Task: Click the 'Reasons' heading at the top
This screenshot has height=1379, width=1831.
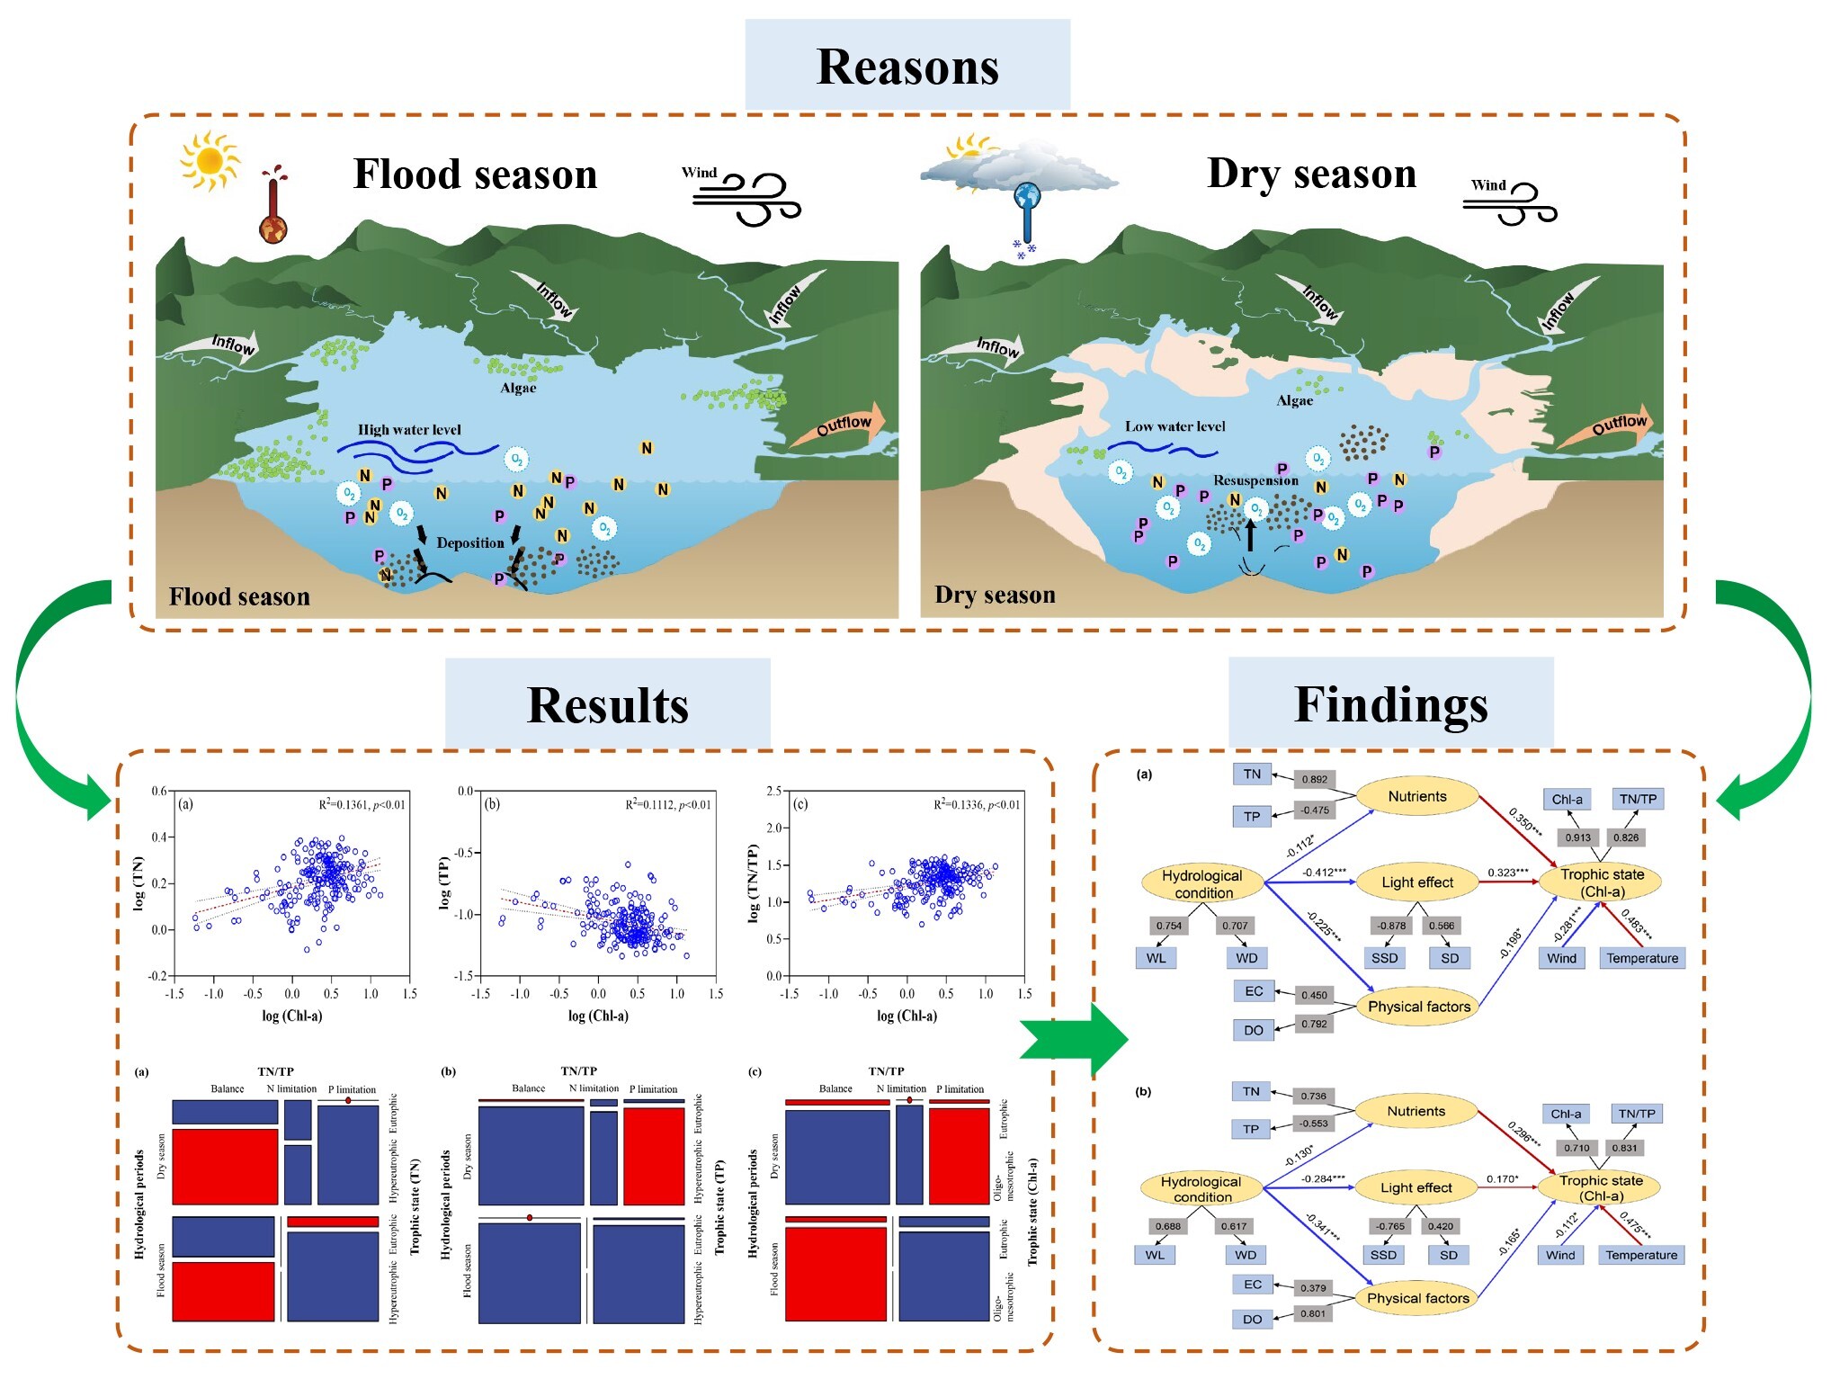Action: pyautogui.click(x=907, y=67)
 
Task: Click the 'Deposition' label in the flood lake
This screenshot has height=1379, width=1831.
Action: pyautogui.click(x=469, y=543)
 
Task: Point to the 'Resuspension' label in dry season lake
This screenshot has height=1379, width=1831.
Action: pyautogui.click(x=1255, y=480)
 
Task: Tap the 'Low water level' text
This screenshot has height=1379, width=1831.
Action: pyautogui.click(x=1175, y=426)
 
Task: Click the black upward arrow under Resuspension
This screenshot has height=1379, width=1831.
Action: pyautogui.click(x=1250, y=536)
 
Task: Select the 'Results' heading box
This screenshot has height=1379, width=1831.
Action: pyautogui.click(x=608, y=704)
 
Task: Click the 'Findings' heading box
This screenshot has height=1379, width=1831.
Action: pyautogui.click(x=1390, y=703)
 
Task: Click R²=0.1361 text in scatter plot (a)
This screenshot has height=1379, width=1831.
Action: pyautogui.click(x=362, y=805)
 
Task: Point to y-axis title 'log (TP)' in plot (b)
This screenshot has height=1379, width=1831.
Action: pyautogui.click(x=443, y=882)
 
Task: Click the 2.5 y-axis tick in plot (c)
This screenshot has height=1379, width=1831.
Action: pyautogui.click(x=773, y=792)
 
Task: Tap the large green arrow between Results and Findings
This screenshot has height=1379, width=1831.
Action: pyautogui.click(x=1075, y=1040)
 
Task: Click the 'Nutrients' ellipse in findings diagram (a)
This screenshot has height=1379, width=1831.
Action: pyautogui.click(x=1416, y=797)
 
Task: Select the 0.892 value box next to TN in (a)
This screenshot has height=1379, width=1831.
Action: pyautogui.click(x=1314, y=780)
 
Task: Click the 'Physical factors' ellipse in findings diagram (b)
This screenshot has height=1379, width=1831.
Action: pyautogui.click(x=1417, y=1298)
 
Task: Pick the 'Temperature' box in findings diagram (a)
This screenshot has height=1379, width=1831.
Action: pyautogui.click(x=1641, y=959)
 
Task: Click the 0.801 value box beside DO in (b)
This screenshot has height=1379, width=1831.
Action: pyautogui.click(x=1312, y=1313)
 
